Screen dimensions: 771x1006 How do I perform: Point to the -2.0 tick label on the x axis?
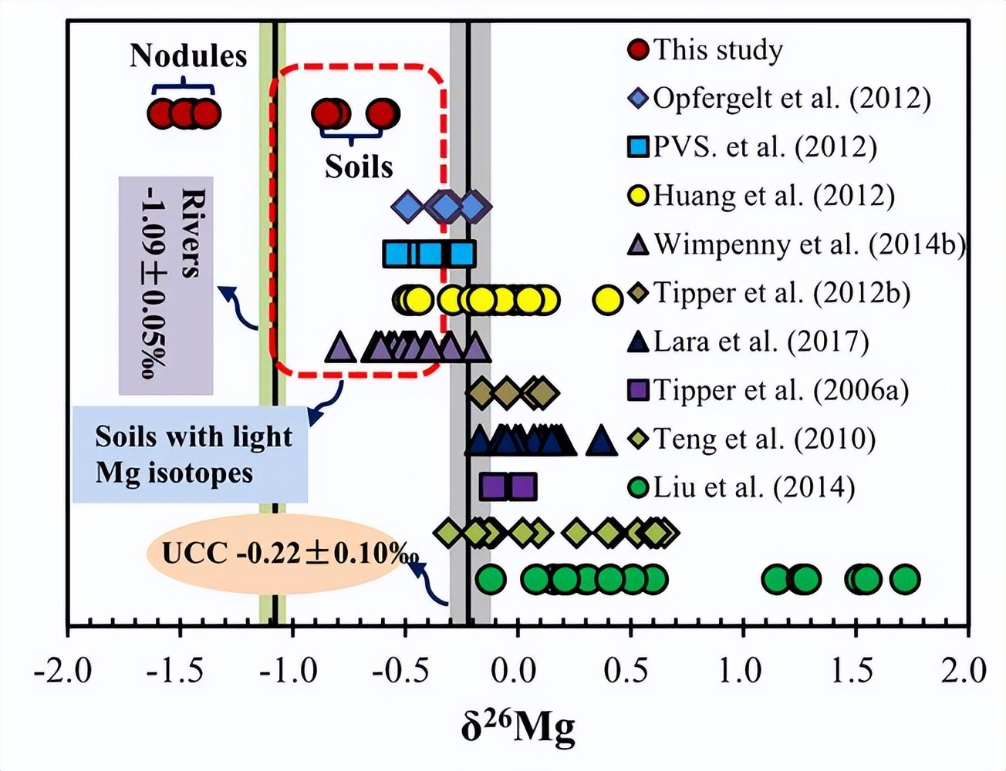64,671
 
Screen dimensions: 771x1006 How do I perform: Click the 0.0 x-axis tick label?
515,671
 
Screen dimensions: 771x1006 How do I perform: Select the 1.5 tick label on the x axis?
853,671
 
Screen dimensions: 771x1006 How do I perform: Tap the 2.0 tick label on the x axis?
964,671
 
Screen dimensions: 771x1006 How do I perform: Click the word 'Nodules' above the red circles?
188,56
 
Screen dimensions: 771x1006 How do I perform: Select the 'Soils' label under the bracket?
359,167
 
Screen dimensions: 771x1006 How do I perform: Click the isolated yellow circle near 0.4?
607,300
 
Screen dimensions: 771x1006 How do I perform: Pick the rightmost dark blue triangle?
601,442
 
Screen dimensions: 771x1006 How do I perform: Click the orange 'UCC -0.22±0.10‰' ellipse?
279,554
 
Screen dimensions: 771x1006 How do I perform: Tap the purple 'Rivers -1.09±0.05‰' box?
166,285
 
